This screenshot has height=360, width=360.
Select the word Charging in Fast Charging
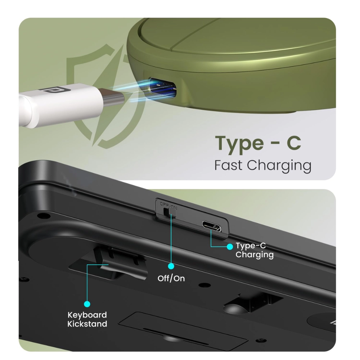279,166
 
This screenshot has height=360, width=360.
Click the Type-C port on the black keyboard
211,226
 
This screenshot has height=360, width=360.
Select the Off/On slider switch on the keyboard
169,212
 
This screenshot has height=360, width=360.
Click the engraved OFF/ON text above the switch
168,205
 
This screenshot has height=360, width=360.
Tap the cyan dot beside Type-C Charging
230,247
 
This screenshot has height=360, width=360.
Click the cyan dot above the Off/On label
171,266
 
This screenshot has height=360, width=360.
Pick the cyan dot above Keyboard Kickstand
87,304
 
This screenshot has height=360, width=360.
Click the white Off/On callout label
171,279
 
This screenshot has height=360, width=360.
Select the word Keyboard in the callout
87,315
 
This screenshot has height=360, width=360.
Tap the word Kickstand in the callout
87,324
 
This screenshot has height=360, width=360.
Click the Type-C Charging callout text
255,250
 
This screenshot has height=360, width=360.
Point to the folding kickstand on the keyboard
121,262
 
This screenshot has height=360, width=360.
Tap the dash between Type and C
275,144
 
